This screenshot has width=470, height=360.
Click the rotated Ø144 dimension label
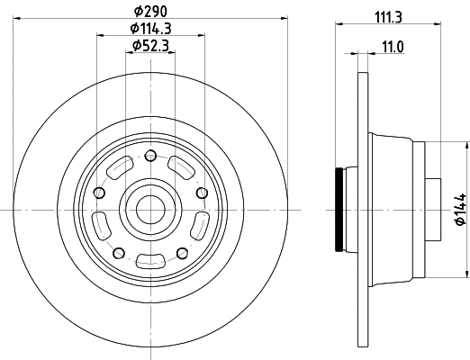click(x=458, y=209)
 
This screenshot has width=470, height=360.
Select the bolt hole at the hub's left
click(x=99, y=192)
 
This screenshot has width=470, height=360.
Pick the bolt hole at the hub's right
click(x=200, y=192)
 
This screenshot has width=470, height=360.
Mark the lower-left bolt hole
click(x=118, y=251)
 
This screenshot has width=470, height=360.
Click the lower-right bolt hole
click(x=181, y=251)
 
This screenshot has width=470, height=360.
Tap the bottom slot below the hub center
click(x=149, y=261)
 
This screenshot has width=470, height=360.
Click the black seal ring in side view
click(x=339, y=208)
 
